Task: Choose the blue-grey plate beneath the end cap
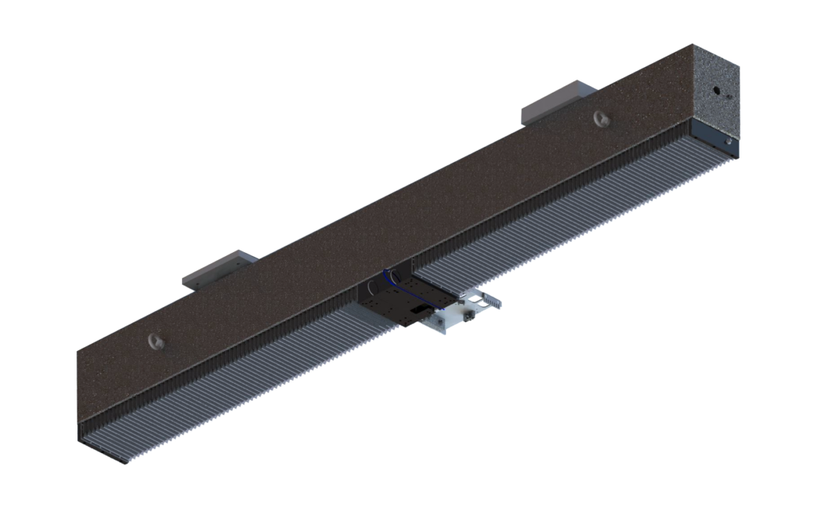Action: pyautogui.click(x=715, y=137)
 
